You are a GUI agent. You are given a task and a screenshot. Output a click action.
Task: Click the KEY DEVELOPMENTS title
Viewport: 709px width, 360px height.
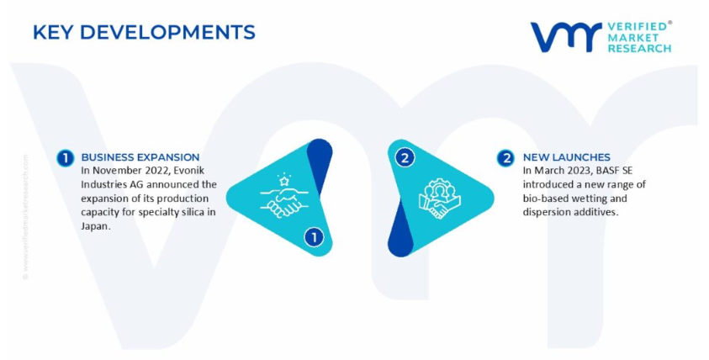pyautogui.click(x=145, y=32)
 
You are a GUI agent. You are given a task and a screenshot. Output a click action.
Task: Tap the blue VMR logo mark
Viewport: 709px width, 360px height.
pyautogui.click(x=566, y=37)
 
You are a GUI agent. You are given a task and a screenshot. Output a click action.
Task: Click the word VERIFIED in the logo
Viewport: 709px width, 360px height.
pyautogui.click(x=638, y=26)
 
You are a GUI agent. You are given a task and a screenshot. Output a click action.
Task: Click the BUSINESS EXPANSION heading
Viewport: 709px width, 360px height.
pyautogui.click(x=140, y=157)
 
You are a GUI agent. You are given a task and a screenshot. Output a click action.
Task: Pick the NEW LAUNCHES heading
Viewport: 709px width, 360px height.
pyautogui.click(x=567, y=157)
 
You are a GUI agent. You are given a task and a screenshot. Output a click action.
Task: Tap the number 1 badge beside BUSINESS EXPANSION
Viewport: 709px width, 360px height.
pyautogui.click(x=65, y=158)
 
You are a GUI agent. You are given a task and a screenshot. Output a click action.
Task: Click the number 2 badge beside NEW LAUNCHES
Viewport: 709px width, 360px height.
pyautogui.click(x=505, y=158)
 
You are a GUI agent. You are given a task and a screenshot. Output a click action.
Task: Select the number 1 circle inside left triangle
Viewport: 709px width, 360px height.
pyautogui.click(x=314, y=237)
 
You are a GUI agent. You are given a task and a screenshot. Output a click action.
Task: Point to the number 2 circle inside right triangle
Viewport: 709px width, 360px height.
pyautogui.click(x=405, y=158)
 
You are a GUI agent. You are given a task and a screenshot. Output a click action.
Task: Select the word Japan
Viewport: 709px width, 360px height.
pyautogui.click(x=95, y=226)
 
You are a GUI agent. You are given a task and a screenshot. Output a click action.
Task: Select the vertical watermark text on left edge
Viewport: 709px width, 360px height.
pyautogui.click(x=25, y=217)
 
